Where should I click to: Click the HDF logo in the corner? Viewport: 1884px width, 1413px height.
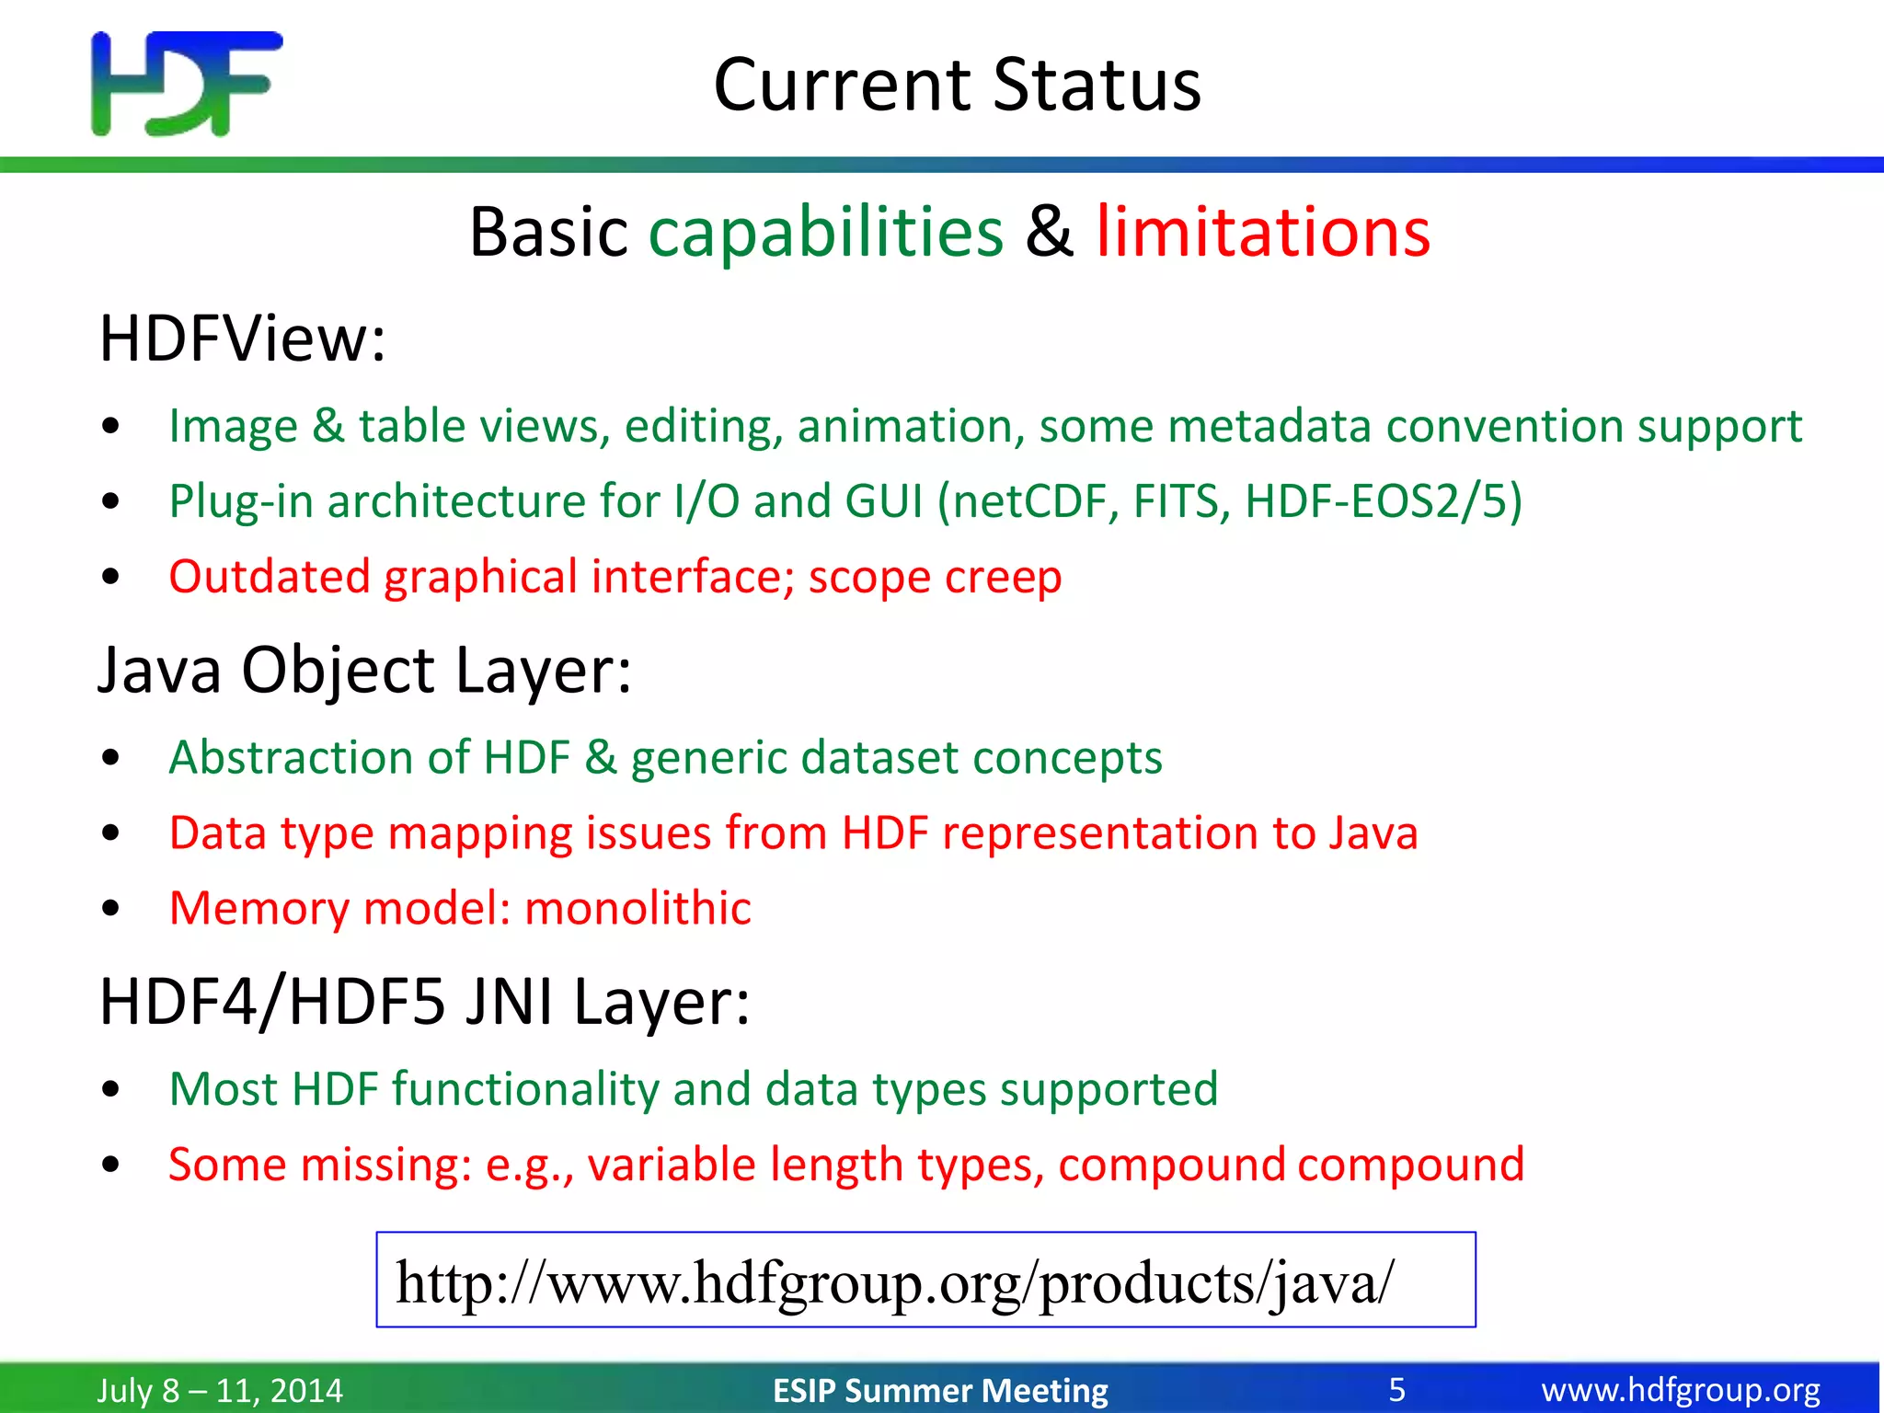pos(187,84)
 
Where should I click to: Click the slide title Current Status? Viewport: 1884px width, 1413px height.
pos(957,85)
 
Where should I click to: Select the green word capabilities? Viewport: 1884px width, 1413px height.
pos(825,232)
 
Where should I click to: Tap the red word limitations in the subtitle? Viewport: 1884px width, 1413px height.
pos(1262,232)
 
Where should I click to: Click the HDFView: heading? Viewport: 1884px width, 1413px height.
pos(242,339)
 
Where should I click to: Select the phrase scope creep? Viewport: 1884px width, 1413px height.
pos(935,578)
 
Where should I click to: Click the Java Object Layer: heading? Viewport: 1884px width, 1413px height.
pos(364,670)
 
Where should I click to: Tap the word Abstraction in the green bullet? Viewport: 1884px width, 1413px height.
pos(291,758)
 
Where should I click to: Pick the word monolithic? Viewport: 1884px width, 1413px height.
pos(638,909)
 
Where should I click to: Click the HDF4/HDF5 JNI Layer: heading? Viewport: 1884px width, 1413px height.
pos(424,1002)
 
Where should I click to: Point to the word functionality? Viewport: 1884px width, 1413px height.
pos(525,1089)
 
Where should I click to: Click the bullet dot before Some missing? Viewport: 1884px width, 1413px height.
pos(111,1166)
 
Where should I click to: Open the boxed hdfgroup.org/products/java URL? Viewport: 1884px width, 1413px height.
pos(894,1281)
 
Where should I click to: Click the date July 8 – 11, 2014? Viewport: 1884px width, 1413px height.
pos(220,1390)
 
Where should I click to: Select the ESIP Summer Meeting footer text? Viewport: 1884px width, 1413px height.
pos(940,1390)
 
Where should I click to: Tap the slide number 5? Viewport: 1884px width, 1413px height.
pos(1396,1390)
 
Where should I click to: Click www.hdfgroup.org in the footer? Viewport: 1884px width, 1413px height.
pos(1681,1390)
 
